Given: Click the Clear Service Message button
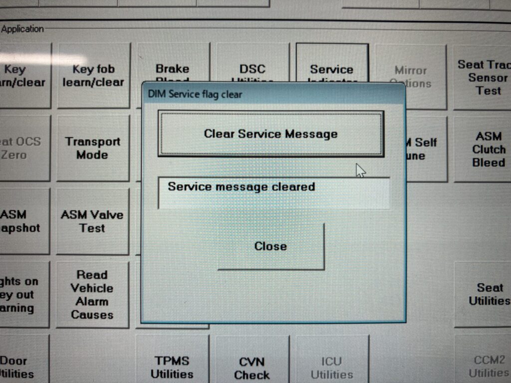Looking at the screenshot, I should click(x=270, y=134).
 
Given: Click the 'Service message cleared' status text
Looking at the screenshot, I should click(x=242, y=187).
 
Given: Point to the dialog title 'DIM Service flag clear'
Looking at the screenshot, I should click(x=195, y=94).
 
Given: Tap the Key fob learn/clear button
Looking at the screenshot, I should click(x=93, y=75).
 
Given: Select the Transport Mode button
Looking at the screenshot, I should click(x=92, y=148).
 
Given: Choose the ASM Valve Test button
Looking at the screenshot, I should click(x=92, y=221).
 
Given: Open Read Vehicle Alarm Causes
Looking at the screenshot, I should click(x=92, y=294).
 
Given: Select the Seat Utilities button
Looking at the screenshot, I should click(x=489, y=294).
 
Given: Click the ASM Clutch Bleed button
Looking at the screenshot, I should click(x=489, y=149).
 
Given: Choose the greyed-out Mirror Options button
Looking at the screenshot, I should click(x=410, y=76).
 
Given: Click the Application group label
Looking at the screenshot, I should click(x=22, y=29).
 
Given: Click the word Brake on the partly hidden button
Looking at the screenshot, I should click(x=172, y=69).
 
